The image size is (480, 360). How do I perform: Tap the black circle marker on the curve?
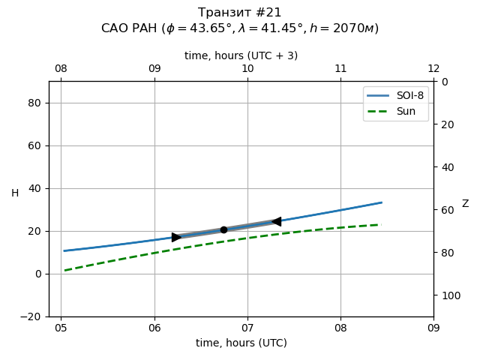[223, 229]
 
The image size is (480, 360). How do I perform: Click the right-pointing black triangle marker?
[176, 237]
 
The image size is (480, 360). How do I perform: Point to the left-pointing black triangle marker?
[276, 221]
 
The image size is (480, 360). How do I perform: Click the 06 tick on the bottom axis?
[154, 328]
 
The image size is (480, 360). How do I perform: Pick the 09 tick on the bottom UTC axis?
[433, 328]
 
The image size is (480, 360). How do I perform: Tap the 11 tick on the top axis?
[340, 69]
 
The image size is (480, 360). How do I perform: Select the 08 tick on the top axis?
[61, 69]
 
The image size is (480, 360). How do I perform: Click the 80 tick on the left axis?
[34, 103]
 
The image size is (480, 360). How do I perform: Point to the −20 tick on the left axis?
[31, 316]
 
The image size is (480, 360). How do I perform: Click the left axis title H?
[15, 193]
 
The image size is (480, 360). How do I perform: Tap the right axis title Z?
[465, 204]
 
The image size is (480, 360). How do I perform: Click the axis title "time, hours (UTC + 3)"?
[241, 55]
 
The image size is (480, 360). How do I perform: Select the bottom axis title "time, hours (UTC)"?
[241, 343]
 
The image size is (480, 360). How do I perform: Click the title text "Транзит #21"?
[240, 13]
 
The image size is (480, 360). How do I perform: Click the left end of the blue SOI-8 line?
[64, 250]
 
